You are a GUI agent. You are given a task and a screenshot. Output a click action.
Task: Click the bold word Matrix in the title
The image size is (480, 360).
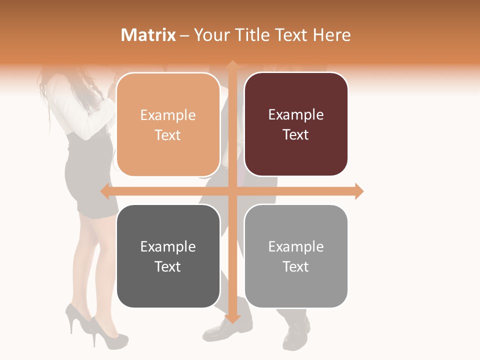[x=148, y=35]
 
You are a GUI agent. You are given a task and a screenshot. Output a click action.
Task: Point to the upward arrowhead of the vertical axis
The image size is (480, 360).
[x=232, y=64]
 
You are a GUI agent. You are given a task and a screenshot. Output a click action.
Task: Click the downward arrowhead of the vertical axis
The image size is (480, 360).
[x=232, y=318]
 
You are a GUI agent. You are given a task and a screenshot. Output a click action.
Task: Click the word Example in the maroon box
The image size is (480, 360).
[x=296, y=115]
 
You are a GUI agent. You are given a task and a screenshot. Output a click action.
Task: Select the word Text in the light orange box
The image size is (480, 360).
[x=168, y=135]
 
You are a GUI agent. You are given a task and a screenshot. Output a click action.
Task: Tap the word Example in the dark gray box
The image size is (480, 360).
[x=168, y=246]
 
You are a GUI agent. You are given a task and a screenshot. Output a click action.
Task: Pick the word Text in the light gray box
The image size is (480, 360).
[x=296, y=267]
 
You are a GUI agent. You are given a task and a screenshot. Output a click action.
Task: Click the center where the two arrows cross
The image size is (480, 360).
[x=232, y=191]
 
